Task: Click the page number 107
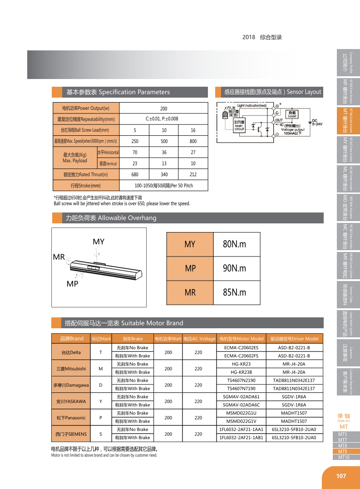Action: pyautogui.click(x=341, y=476)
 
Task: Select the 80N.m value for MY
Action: pyautogui.click(x=234, y=244)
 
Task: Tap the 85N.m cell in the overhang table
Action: pyautogui.click(x=234, y=292)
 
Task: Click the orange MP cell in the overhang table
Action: pyautogui.click(x=190, y=268)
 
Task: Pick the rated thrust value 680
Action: pyautogui.click(x=135, y=174)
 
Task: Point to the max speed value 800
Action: pyautogui.click(x=193, y=141)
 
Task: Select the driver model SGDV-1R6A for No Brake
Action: pyautogui.click(x=294, y=396)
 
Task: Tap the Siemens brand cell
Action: pyautogui.click(x=71, y=434)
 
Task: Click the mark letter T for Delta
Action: pyautogui.click(x=100, y=352)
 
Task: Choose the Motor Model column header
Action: pyautogui.click(x=241, y=339)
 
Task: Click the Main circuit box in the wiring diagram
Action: pyautogui.click(x=239, y=125)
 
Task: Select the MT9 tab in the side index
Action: pyautogui.click(x=343, y=451)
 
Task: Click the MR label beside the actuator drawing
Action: pyautogui.click(x=59, y=257)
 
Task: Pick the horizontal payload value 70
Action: pyautogui.click(x=135, y=152)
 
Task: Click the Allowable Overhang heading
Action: pyautogui.click(x=111, y=218)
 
